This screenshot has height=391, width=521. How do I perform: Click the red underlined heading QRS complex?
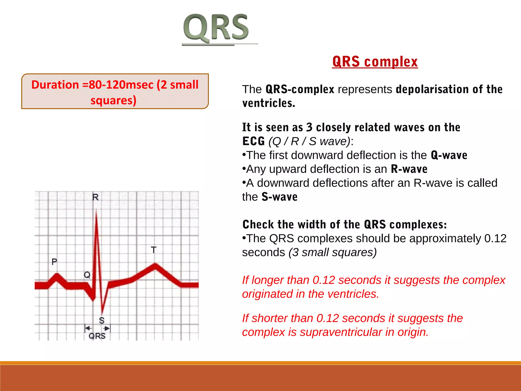375,62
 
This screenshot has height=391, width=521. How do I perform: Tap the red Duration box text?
114,92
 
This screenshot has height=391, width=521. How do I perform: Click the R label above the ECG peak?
95,197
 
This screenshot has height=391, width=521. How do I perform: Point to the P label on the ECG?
54,262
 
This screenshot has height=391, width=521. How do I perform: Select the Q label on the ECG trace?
87,275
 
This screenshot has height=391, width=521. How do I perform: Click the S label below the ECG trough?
102,320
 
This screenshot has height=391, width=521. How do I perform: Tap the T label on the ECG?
153,250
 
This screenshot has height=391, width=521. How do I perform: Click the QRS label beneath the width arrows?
97,336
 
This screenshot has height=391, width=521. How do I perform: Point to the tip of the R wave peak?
96,212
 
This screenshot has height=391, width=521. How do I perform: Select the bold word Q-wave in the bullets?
449,155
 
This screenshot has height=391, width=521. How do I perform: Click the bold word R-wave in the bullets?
409,169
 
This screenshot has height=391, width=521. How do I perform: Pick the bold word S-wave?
279,197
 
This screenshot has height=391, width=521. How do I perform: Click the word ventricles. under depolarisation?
269,103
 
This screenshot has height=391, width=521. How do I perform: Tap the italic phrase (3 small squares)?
332,253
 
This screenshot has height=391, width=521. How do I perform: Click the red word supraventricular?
341,332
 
